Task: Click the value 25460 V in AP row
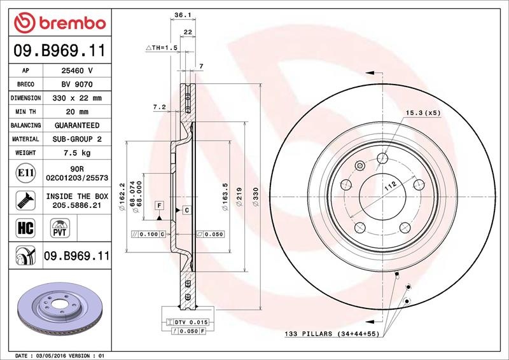tap(77, 71)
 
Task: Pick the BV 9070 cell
tap(77, 85)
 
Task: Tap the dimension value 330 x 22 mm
tap(77, 99)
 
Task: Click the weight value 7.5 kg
tap(77, 153)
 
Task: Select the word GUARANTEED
tap(77, 125)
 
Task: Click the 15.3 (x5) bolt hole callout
tap(423, 113)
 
